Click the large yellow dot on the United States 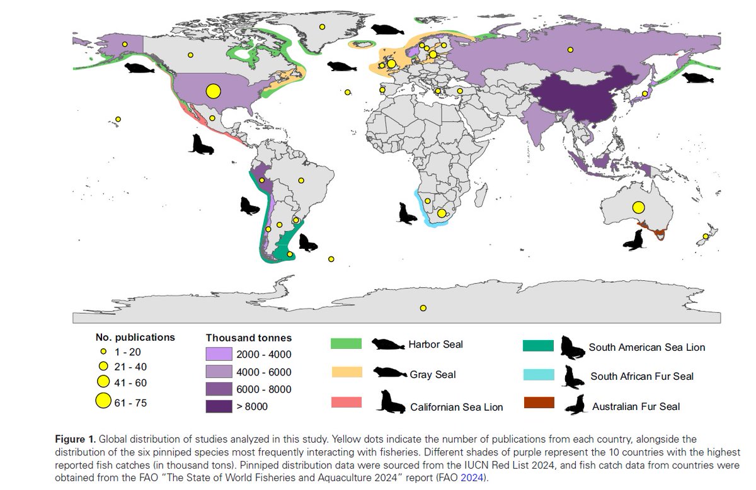pos(213,91)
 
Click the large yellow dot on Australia pos(638,207)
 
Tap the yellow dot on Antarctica pos(423,308)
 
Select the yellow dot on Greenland pos(322,26)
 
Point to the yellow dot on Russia pos(570,50)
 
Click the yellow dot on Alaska pos(125,44)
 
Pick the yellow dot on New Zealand pos(703,237)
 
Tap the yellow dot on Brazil pos(302,181)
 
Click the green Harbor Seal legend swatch pos(346,344)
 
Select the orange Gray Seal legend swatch pos(346,372)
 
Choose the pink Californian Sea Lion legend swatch pos(346,402)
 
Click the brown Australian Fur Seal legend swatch pos(538,402)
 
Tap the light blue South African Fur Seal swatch pos(538,375)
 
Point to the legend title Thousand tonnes pos(248,338)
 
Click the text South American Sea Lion pos(646,347)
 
